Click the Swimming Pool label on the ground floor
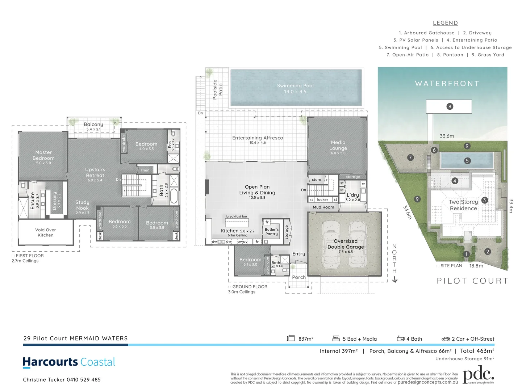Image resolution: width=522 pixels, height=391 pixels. pos(295,88)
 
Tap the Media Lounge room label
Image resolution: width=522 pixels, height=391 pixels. pos(338,146)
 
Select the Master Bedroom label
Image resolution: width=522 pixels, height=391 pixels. pos(43,155)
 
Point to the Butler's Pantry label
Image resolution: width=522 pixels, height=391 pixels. pos(272,232)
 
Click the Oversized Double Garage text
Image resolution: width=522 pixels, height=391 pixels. pos(346,244)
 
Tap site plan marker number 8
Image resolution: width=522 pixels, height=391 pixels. pos(450,106)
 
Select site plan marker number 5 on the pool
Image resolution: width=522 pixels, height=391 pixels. pos(467,161)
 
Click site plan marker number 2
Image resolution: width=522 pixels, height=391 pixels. pos(488,252)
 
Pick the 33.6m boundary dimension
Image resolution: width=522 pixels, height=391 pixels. pos(447,136)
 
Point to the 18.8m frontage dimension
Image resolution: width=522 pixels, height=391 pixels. pos(476,266)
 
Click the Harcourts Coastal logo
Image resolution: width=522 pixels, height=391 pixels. pos(69,362)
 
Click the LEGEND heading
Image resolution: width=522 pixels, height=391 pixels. pos(445,23)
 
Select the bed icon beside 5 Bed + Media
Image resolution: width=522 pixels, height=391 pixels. pos(336,339)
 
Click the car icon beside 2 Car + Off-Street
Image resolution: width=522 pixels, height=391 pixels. pos(446,339)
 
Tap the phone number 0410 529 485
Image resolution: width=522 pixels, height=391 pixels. pos(84,380)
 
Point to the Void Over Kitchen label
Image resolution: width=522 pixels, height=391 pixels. pos(46,232)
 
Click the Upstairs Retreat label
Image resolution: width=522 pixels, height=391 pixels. pos(95,172)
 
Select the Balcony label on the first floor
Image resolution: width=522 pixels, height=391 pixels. pos(93,124)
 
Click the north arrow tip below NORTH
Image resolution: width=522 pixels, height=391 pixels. pos(395,281)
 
